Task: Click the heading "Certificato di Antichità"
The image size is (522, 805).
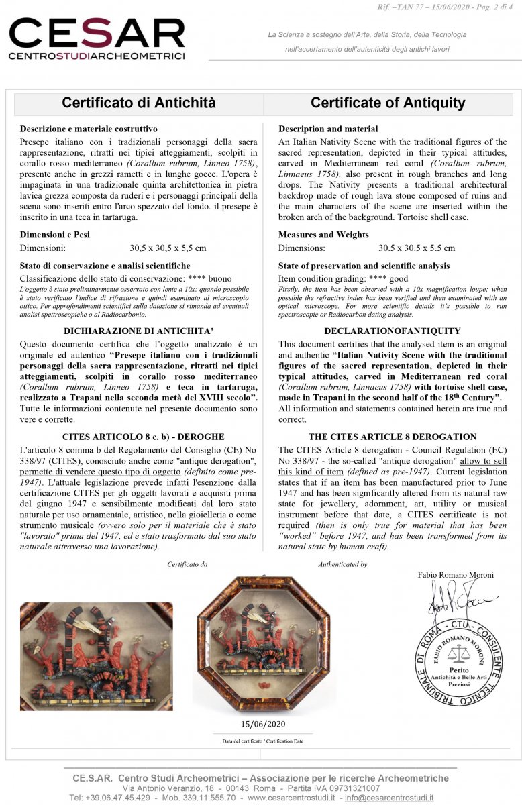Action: [139, 103]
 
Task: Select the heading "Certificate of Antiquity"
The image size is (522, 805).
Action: [388, 103]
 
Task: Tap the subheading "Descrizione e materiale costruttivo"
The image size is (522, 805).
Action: [89, 129]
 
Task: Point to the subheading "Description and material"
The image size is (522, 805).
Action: [328, 129]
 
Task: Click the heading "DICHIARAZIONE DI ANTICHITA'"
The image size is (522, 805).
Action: [139, 331]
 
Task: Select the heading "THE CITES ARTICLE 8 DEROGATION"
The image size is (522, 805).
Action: [393, 436]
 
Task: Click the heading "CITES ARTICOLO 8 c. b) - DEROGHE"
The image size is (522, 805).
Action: [139, 436]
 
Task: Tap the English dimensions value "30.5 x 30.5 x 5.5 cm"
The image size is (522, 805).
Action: [417, 248]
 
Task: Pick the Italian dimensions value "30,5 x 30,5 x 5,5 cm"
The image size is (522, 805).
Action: [168, 248]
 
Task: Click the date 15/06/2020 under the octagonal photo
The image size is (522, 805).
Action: [263, 724]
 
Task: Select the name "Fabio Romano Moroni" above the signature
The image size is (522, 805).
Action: [456, 575]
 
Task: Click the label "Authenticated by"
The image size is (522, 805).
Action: [342, 564]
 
